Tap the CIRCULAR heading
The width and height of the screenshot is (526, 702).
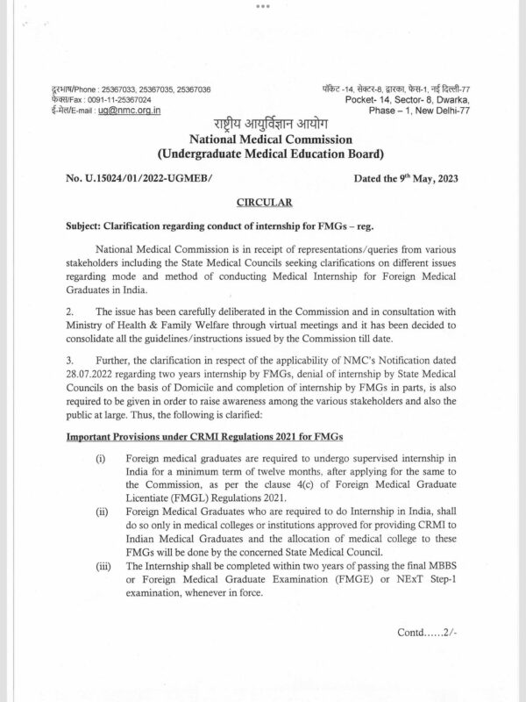tap(263, 201)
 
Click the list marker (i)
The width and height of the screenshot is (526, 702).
tap(102, 458)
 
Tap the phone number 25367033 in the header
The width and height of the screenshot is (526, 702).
tap(117, 91)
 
